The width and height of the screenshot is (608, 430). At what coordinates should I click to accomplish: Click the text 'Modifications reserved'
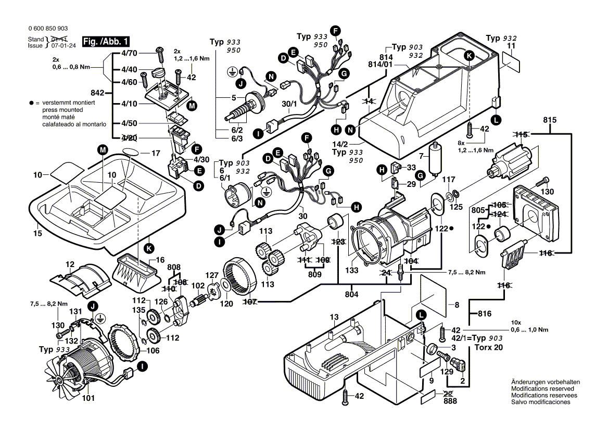(542, 389)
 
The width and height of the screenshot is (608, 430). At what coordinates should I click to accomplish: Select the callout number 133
(352, 270)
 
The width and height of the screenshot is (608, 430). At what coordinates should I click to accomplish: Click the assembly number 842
(97, 93)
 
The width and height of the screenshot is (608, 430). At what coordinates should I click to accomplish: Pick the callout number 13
(334, 317)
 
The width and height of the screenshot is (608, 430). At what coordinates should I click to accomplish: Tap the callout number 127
(212, 275)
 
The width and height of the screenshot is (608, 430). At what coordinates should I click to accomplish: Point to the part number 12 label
(70, 264)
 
